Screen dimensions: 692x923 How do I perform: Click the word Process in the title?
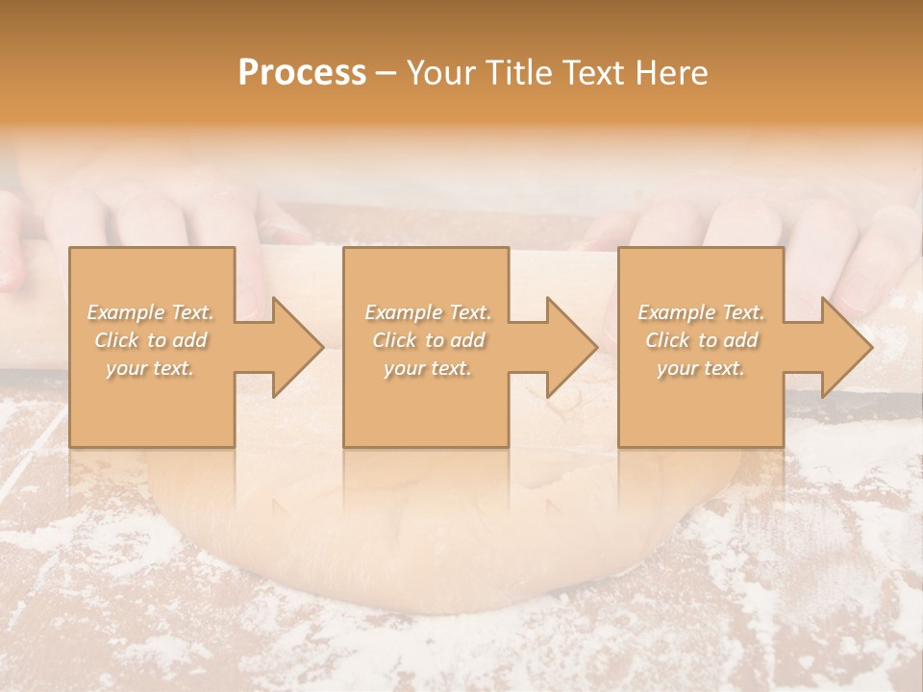[x=302, y=73]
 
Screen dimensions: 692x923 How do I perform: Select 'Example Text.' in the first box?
[x=151, y=312]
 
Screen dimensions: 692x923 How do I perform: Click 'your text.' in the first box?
[x=151, y=368]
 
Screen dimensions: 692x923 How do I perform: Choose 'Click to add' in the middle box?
[x=428, y=340]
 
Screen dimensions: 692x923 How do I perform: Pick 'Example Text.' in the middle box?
[x=428, y=312]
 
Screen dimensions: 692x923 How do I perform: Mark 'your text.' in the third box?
[x=701, y=368]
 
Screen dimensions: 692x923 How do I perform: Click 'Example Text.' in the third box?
[x=701, y=312]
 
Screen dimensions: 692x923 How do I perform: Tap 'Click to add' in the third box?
[x=701, y=340]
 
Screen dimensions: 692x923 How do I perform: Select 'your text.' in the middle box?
[x=428, y=368]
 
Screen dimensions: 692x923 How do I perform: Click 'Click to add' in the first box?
[x=151, y=340]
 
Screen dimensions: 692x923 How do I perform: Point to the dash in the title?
[x=387, y=73]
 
